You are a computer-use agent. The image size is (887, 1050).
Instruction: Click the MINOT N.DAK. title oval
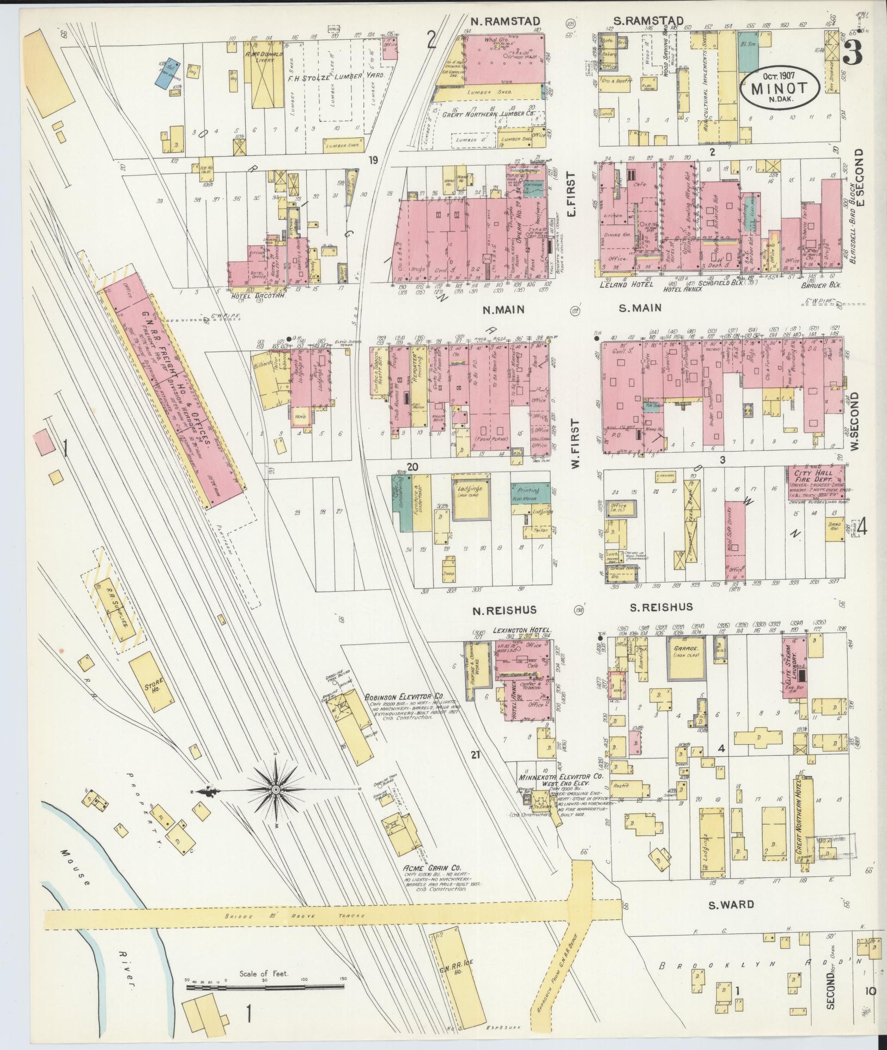click(780, 89)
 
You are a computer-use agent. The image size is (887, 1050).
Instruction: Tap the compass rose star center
click(276, 790)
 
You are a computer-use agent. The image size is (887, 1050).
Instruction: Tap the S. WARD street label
click(731, 905)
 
